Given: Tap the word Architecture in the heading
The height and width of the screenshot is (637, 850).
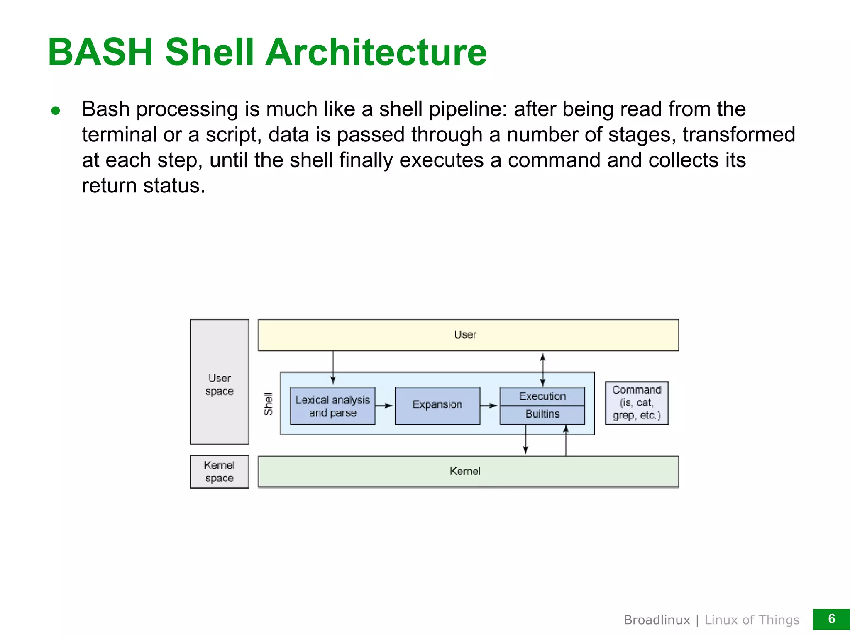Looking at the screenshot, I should (376, 52).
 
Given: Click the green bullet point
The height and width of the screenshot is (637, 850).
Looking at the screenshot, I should (56, 111).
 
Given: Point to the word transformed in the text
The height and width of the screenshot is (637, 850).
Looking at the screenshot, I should (739, 135).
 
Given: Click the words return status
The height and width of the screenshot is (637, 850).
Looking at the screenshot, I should (143, 186).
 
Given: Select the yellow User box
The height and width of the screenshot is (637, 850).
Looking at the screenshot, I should (468, 335).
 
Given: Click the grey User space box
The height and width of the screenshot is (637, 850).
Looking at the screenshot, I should (219, 382).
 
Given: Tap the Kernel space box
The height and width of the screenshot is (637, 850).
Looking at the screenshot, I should (219, 472).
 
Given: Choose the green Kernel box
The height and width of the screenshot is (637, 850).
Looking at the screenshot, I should (468, 472).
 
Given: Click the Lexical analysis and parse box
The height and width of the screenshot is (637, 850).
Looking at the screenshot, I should (332, 406).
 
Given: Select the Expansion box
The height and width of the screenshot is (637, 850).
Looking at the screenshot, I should (437, 405).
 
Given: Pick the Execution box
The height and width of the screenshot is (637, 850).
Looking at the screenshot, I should (542, 396).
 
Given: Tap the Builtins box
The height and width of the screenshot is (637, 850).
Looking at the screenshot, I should (542, 414).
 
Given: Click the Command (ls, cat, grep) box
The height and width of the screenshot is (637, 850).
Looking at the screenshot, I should (636, 403).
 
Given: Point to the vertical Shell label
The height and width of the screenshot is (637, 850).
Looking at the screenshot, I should (269, 404).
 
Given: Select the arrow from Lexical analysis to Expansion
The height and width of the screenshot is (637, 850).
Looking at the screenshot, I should (385, 406).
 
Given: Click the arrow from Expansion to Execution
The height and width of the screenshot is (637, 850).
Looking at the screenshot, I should (489, 406).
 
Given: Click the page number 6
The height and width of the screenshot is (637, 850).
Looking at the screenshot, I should (831, 619).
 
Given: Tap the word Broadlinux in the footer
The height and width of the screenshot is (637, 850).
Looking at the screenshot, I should (657, 620).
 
